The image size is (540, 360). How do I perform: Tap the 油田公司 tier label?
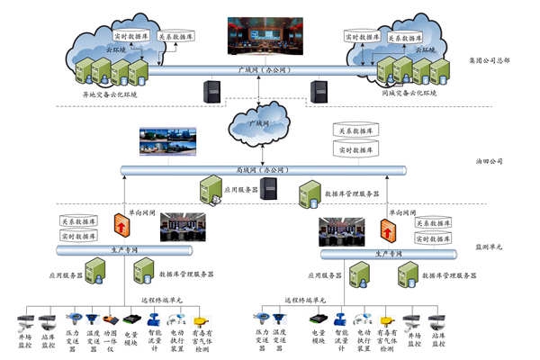(490, 163)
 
